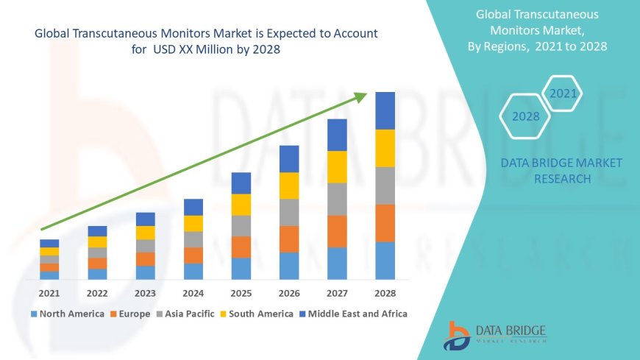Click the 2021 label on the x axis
tap(49, 293)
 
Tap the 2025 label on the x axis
tap(241, 293)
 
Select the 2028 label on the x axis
tap(385, 293)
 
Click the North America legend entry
tap(67, 314)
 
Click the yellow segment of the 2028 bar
tap(385, 148)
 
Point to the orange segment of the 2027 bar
tap(337, 231)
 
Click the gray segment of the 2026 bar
tap(289, 212)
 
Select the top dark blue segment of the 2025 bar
tap(241, 183)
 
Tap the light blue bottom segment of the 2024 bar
tap(193, 271)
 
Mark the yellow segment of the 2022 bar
tap(97, 241)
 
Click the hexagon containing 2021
tap(562, 93)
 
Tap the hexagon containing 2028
tap(525, 116)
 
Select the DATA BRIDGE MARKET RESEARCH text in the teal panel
tap(561, 170)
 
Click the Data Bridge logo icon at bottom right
tap(457, 335)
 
